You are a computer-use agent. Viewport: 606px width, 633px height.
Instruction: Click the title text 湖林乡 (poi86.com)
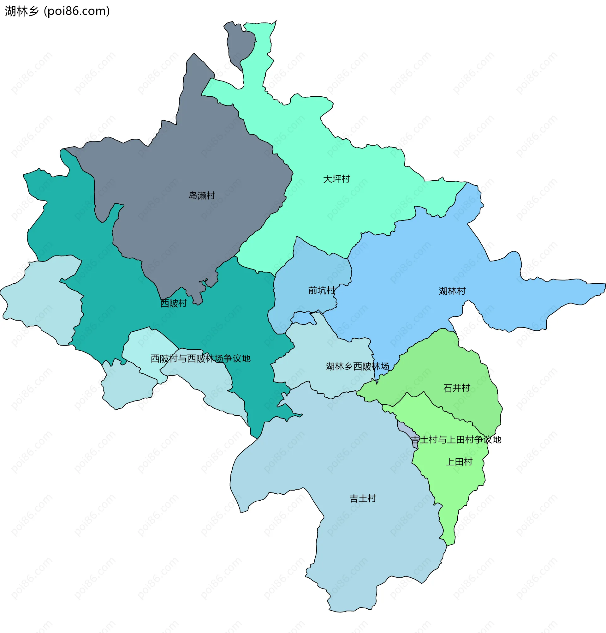57,11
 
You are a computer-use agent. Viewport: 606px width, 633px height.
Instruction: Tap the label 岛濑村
202,196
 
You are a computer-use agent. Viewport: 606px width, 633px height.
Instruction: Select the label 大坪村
336,179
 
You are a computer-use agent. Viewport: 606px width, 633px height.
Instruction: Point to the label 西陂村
174,303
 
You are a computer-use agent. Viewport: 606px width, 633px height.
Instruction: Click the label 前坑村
322,291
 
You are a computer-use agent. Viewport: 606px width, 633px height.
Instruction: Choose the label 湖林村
452,291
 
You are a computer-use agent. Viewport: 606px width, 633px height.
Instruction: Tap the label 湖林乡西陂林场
357,366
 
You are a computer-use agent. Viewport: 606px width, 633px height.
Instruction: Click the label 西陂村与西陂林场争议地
200,359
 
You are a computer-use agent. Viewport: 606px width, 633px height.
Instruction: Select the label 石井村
457,388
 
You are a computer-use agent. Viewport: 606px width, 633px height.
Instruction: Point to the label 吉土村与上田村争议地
456,440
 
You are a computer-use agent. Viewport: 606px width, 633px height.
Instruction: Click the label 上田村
459,462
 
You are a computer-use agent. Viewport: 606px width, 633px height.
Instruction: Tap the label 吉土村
363,499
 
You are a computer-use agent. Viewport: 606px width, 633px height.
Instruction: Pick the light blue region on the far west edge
42,297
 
